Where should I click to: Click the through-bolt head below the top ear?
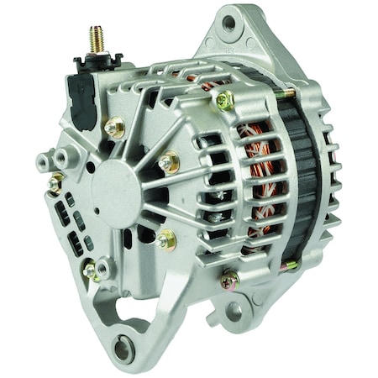coord(224,100)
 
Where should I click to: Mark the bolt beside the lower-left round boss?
coord(90,270)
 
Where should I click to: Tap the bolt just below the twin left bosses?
coord(55,183)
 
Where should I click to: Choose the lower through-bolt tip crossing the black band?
coord(290,265)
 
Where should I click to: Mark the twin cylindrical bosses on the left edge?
coord(52,159)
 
